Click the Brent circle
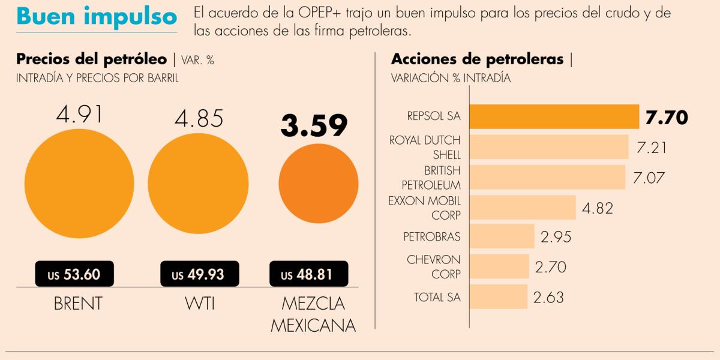click(x=79, y=184)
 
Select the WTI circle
click(x=198, y=184)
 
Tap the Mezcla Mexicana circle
click(x=319, y=184)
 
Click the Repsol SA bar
click(x=554, y=116)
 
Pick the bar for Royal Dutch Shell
click(x=549, y=146)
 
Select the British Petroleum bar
click(x=547, y=177)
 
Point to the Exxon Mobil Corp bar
click(x=523, y=207)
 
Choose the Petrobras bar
click(x=502, y=236)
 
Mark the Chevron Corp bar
click(x=499, y=266)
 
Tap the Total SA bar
click(x=499, y=296)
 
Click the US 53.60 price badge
click(x=74, y=274)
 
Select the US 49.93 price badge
click(x=200, y=274)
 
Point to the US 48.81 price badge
click(x=308, y=274)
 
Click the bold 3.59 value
click(x=314, y=125)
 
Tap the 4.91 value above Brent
click(x=79, y=115)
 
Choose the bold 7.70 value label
click(x=667, y=118)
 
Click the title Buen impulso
click(x=97, y=16)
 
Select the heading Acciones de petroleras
click(x=478, y=59)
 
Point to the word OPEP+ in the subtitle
click(x=319, y=13)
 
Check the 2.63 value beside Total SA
click(x=548, y=298)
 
